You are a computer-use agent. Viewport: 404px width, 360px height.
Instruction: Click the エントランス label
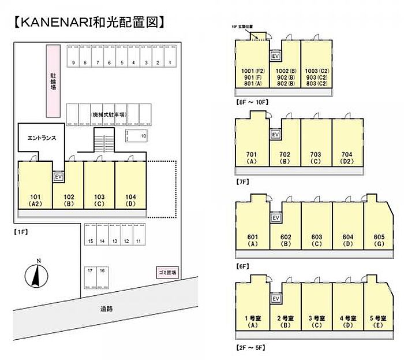[41, 139]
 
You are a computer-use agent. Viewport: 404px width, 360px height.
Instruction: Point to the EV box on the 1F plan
[58, 176]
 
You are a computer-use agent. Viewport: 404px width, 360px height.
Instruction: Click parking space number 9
[73, 57]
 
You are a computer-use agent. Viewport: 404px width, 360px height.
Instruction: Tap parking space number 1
[170, 57]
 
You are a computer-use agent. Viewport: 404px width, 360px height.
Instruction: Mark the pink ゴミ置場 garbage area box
[167, 271]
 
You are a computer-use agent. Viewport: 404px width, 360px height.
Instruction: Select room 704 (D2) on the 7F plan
[347, 148]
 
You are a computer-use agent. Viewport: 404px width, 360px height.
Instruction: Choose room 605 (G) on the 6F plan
[379, 229]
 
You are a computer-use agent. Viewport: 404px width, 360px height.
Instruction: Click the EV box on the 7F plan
[275, 135]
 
